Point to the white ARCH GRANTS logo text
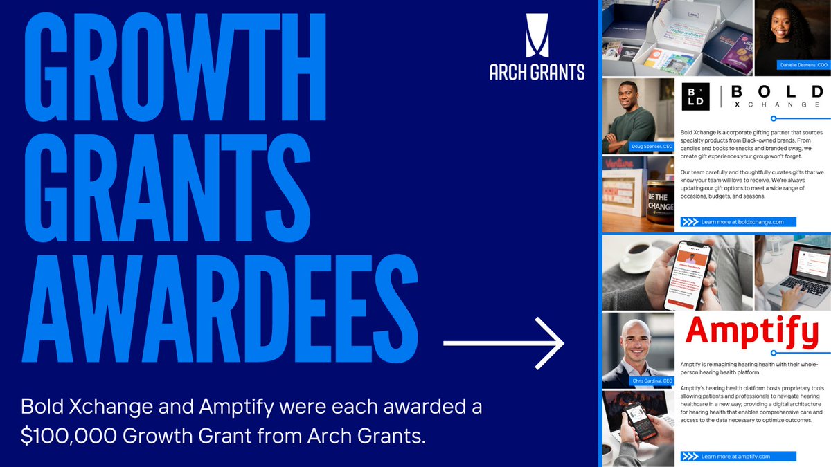pyautogui.click(x=536, y=71)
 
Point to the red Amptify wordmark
pyautogui.click(x=751, y=331)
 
